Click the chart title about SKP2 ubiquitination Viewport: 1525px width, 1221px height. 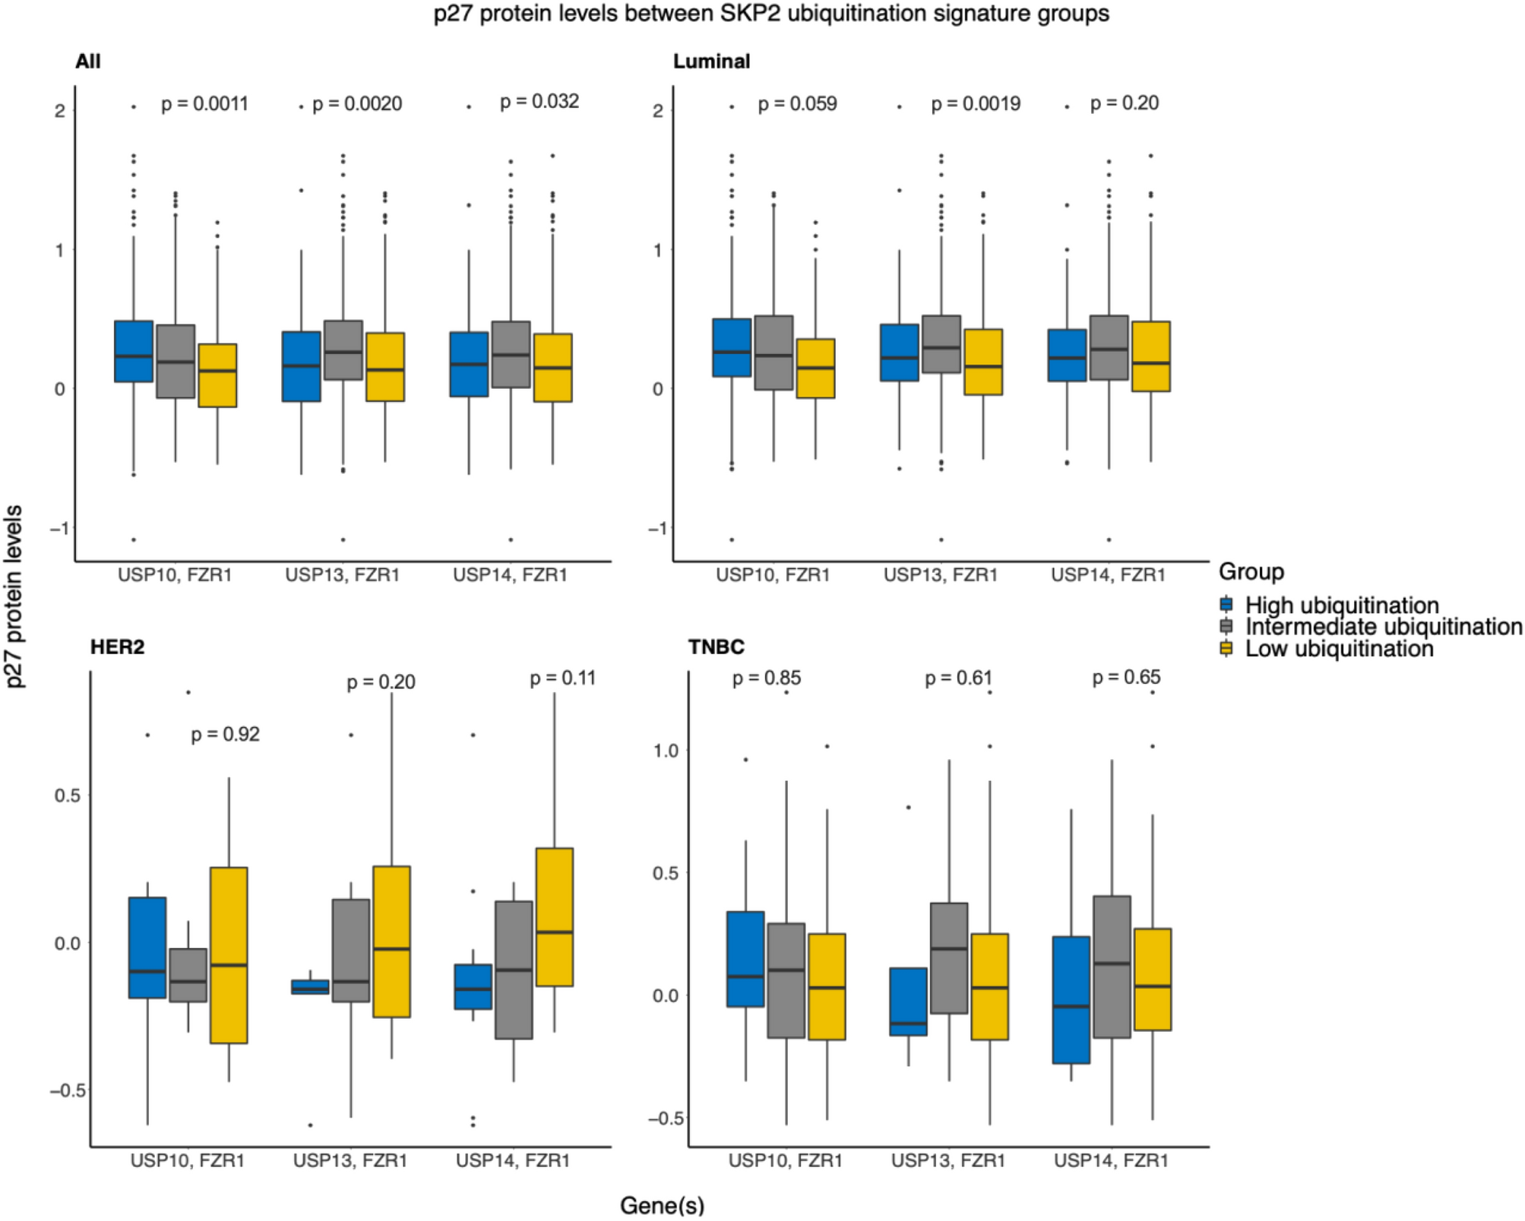770,14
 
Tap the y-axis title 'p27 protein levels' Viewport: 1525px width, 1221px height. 14,596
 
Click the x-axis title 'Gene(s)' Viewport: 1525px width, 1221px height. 662,1205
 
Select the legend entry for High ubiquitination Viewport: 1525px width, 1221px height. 1341,605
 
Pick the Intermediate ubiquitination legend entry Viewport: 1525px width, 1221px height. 1382,627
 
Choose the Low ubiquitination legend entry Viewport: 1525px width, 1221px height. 1338,649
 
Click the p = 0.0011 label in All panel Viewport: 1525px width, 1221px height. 204,104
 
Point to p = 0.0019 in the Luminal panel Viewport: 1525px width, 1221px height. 976,104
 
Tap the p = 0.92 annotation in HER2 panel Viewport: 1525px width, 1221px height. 225,734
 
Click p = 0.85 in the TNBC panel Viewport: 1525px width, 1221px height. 766,677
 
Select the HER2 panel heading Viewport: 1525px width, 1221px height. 117,647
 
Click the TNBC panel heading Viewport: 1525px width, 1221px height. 716,647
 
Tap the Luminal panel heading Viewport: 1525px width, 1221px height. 711,62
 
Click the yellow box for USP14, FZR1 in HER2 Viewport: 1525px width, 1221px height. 554,917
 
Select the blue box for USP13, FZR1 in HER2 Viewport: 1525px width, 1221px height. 310,986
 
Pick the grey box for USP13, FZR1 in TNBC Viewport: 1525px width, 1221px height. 948,958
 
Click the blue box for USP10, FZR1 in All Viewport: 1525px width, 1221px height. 134,351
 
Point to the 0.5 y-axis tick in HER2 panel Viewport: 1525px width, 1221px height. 67,796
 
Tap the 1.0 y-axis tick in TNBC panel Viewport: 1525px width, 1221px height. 666,751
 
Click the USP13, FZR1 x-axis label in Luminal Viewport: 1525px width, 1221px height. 940,575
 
